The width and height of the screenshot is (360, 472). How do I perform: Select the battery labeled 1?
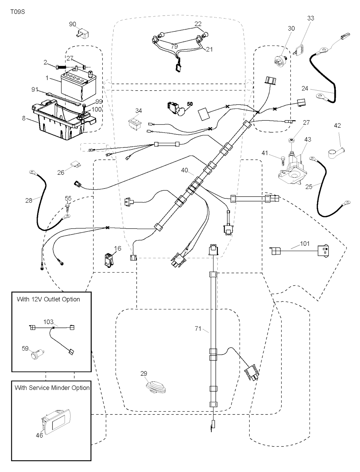pos(74,86)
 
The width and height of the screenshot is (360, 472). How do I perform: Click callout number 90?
pos(72,24)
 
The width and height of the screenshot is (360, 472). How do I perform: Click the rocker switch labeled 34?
pos(135,123)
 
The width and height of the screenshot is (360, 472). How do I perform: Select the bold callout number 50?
pos(190,104)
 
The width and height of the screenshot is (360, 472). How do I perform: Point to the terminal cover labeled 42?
pos(336,153)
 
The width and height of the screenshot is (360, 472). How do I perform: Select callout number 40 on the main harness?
pos(185,170)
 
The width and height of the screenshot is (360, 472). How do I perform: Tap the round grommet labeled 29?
pos(156,387)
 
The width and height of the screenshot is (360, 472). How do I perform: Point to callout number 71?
pos(198,329)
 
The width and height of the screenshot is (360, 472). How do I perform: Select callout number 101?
pos(305,243)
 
